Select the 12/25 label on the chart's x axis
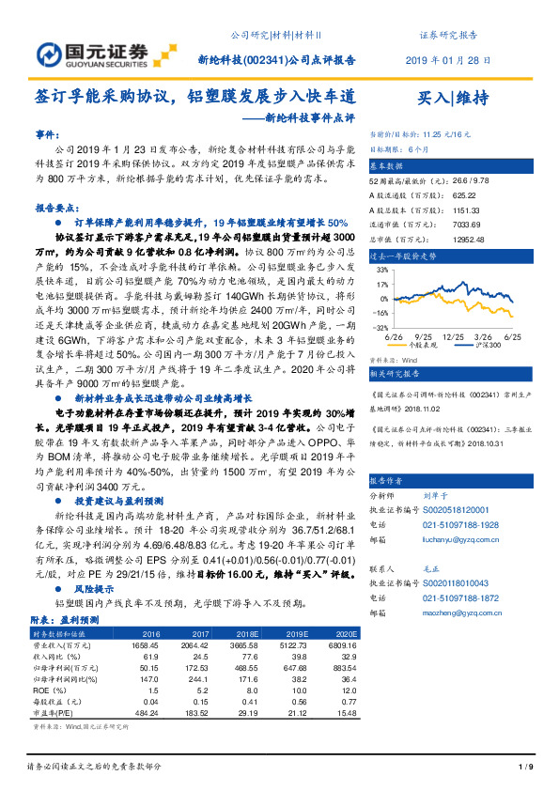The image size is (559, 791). coord(454,335)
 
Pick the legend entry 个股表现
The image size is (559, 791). coord(427,346)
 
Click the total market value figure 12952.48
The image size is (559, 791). coord(453,214)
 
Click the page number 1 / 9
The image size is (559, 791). coord(525,768)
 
